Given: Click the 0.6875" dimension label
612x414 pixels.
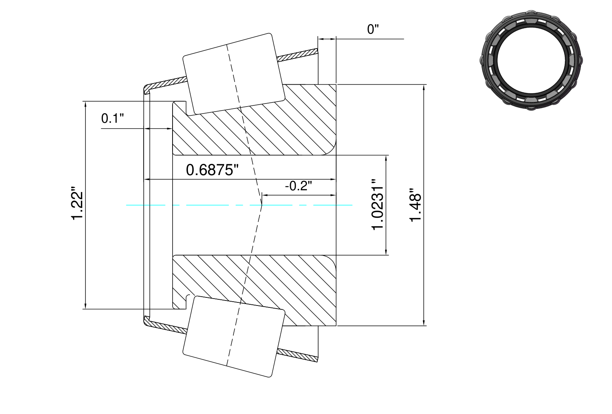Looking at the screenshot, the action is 212,170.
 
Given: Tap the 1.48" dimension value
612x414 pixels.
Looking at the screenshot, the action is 415,205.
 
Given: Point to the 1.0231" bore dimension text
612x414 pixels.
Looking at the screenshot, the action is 377,205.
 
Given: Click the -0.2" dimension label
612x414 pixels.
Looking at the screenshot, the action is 298,186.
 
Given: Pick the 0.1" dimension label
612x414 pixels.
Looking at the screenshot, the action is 112,119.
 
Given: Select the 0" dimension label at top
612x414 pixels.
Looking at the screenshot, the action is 373,30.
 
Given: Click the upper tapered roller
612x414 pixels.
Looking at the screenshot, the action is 234,74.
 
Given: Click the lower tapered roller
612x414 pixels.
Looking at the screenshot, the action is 234,337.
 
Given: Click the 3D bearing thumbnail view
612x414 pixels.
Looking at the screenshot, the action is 531,60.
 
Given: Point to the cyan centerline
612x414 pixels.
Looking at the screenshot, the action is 239,205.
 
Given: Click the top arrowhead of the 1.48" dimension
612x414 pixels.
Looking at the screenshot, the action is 424,88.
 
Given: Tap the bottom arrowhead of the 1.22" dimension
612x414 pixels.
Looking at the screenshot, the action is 86,306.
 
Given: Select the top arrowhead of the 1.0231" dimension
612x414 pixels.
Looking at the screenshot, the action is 386,159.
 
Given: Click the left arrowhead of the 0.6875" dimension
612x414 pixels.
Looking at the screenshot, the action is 147,179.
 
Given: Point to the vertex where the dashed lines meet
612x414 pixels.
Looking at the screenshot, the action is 262,205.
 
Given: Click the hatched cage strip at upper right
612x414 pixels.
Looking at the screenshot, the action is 297,55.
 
